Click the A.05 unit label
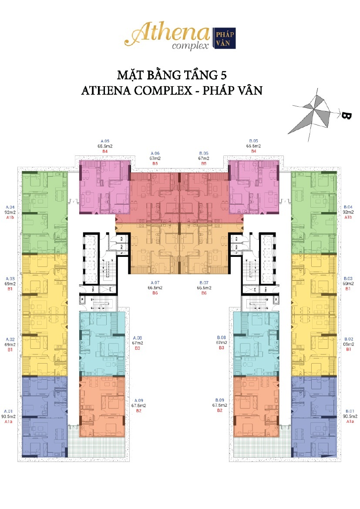(x=105, y=141)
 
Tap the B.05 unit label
(x=253, y=141)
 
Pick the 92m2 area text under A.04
(x=10, y=212)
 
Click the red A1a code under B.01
(x=350, y=421)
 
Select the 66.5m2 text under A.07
(x=155, y=288)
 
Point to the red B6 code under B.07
(x=204, y=293)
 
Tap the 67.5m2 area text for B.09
(x=220, y=405)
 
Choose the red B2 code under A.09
(x=139, y=411)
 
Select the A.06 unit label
(x=155, y=153)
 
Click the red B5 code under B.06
(x=204, y=164)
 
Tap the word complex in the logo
(x=190, y=46)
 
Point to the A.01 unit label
(x=10, y=411)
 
